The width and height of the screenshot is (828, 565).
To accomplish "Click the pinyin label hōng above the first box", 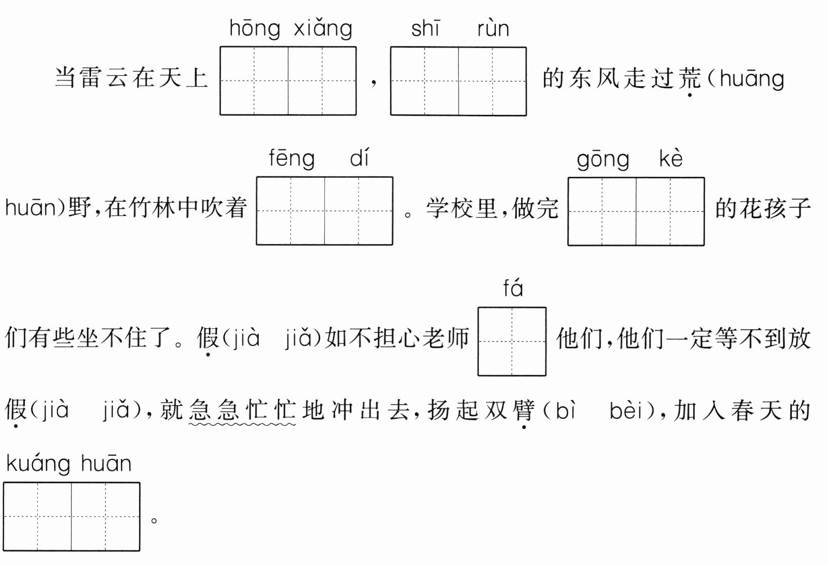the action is click(255, 29).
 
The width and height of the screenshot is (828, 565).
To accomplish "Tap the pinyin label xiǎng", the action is click(323, 29).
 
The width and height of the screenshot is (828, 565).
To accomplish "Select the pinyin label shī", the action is click(425, 29).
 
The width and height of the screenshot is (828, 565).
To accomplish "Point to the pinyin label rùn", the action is click(493, 29).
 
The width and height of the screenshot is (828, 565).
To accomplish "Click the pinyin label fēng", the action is click(291, 159).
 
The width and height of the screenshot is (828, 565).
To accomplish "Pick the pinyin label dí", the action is click(360, 158).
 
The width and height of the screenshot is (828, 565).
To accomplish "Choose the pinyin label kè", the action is click(670, 159).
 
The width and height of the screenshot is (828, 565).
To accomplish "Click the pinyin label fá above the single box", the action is click(513, 288).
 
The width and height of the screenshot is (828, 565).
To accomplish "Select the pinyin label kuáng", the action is click(38, 464).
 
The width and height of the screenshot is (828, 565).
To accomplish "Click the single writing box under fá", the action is click(512, 341).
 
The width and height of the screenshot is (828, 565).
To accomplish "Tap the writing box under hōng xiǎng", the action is click(288, 81).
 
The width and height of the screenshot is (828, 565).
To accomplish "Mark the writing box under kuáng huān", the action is click(71, 516).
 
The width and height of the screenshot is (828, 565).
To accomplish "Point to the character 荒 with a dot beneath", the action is click(690, 78).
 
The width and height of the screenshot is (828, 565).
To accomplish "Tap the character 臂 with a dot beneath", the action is click(524, 410).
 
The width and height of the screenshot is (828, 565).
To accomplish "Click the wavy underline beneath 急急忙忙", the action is click(242, 425).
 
